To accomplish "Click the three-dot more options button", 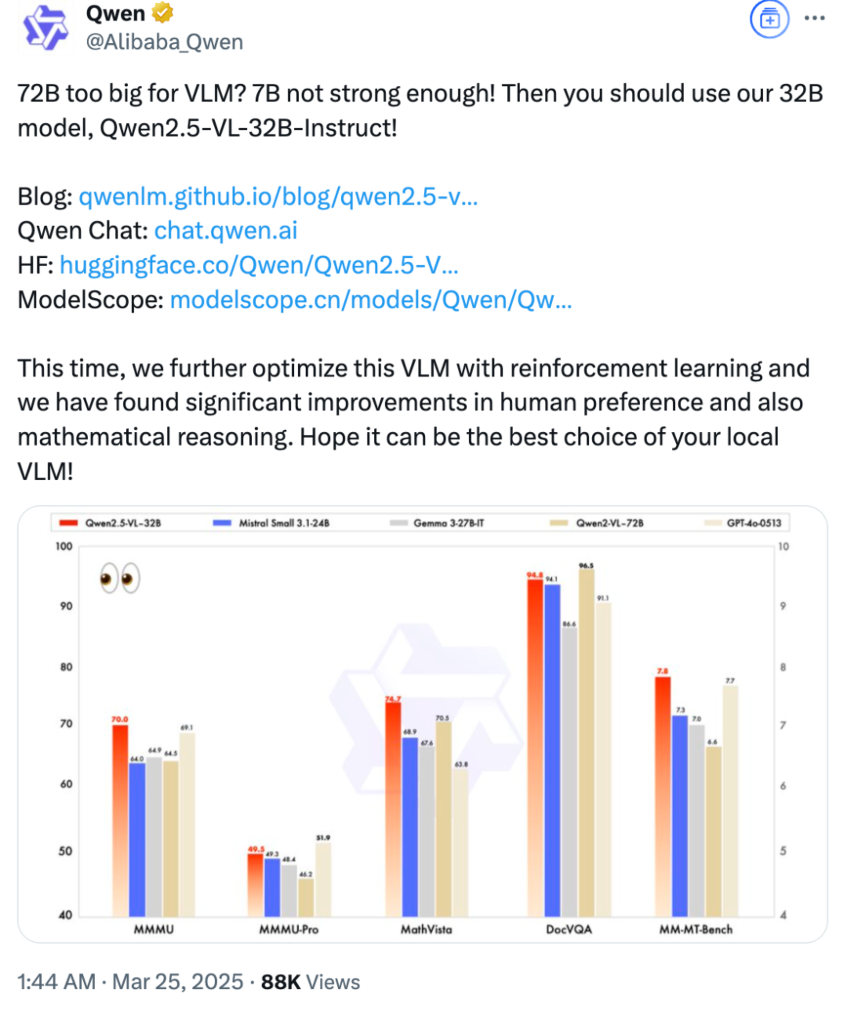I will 814,18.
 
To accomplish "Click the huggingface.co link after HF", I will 258,265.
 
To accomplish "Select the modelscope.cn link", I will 371,300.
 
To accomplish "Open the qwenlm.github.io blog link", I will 278,197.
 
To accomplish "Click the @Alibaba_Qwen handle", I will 164,42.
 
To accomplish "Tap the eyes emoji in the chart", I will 120,577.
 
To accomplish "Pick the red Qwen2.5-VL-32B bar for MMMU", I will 120,820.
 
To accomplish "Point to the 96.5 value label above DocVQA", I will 586,566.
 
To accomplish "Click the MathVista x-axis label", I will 426,929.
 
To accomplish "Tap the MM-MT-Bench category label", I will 696,929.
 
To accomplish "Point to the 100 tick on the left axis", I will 64,547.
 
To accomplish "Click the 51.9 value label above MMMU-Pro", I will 323,838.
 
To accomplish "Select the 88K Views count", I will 310,982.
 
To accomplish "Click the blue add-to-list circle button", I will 769,19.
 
